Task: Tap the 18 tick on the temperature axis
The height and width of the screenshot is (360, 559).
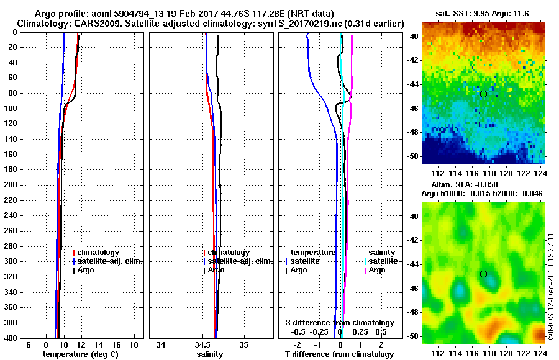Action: [133, 344]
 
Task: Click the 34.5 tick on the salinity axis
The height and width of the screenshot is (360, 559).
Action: [203, 344]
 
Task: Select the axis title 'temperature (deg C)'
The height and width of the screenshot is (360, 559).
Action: [80, 354]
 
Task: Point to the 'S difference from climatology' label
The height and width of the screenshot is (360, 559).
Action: [339, 323]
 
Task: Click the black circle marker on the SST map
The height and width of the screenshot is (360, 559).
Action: [483, 94]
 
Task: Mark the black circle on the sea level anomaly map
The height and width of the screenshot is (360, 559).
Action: [483, 274]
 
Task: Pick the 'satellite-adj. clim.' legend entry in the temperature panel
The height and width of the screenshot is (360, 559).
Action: [110, 261]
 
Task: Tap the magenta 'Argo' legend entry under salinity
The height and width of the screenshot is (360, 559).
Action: [377, 270]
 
